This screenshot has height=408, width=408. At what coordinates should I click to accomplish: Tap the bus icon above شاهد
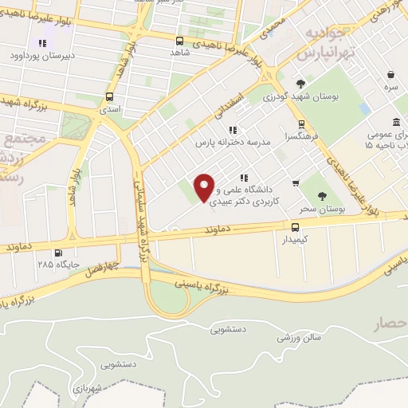[x=178, y=41]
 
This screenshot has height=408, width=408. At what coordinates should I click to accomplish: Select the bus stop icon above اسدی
[x=109, y=96]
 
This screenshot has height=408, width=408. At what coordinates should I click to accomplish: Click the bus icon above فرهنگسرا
[x=300, y=124]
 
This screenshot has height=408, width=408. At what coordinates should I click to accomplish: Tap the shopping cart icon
[x=296, y=183]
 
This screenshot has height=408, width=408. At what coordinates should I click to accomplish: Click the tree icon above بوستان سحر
[x=323, y=196]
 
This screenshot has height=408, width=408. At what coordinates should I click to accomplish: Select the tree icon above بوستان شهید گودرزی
[x=300, y=84]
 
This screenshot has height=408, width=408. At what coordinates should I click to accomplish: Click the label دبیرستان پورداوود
[x=41, y=56]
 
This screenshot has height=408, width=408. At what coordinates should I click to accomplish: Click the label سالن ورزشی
[x=299, y=337]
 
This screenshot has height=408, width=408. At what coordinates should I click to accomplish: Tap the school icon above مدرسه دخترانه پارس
[x=232, y=129]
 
